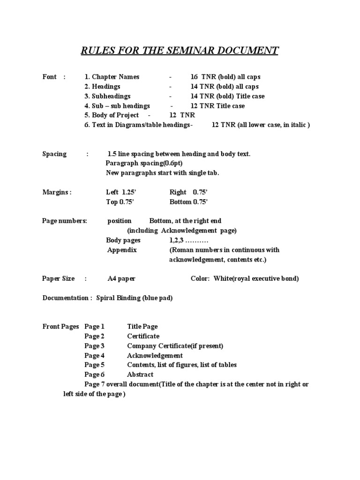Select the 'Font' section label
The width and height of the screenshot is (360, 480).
click(x=50, y=77)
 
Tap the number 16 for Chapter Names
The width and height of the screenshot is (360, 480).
click(x=194, y=77)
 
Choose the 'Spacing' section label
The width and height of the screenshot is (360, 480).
click(x=54, y=154)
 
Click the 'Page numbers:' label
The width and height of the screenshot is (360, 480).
click(x=65, y=221)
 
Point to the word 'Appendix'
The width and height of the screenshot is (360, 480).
click(x=122, y=250)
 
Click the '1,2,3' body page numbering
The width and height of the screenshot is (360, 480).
click(x=177, y=240)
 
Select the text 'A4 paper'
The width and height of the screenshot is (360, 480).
click(x=121, y=278)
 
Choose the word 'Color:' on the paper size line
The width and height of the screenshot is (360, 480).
click(x=201, y=278)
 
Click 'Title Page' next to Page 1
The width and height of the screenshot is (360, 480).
click(x=142, y=327)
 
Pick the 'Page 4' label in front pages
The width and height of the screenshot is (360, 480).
click(x=95, y=355)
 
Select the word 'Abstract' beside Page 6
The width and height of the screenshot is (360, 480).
click(x=140, y=375)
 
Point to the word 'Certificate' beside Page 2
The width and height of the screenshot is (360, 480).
click(x=143, y=336)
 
